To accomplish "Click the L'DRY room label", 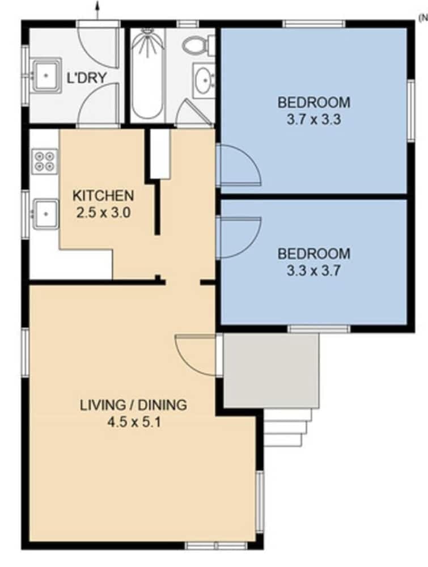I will click(86, 78).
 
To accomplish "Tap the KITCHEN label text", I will click(103, 196).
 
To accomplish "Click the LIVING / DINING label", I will click(133, 405).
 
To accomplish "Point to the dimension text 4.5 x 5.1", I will click(133, 422).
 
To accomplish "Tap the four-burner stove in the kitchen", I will click(45, 160).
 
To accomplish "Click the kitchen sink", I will click(45, 213).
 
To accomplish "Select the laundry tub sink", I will click(45, 74).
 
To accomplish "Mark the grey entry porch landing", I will click(271, 370).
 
